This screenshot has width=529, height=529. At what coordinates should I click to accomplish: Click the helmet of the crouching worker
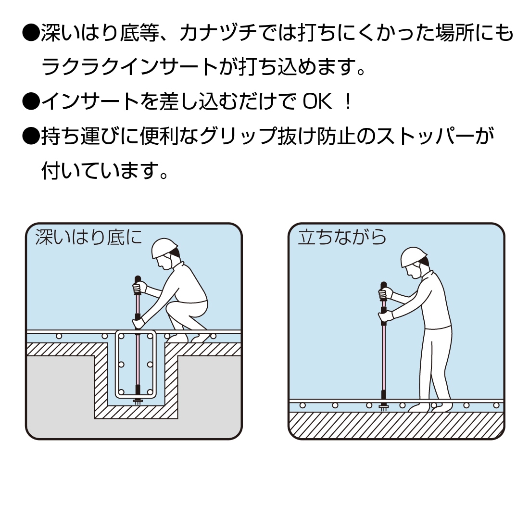(x=164, y=249)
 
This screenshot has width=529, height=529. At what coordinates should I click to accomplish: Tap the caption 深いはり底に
(x=89, y=237)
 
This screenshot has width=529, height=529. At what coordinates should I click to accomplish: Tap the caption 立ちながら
(x=342, y=237)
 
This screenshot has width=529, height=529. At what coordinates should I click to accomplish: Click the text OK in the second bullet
(x=317, y=101)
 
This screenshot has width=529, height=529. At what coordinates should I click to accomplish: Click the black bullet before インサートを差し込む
(x=31, y=101)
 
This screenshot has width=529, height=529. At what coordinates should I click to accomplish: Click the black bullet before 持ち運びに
(x=31, y=136)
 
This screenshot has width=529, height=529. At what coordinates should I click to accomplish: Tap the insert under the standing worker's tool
(x=384, y=406)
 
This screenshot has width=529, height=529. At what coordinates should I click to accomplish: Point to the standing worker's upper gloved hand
(x=385, y=293)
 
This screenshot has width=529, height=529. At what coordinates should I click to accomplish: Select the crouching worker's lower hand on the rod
(x=139, y=323)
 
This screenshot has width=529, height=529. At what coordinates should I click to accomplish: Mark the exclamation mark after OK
(x=349, y=101)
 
